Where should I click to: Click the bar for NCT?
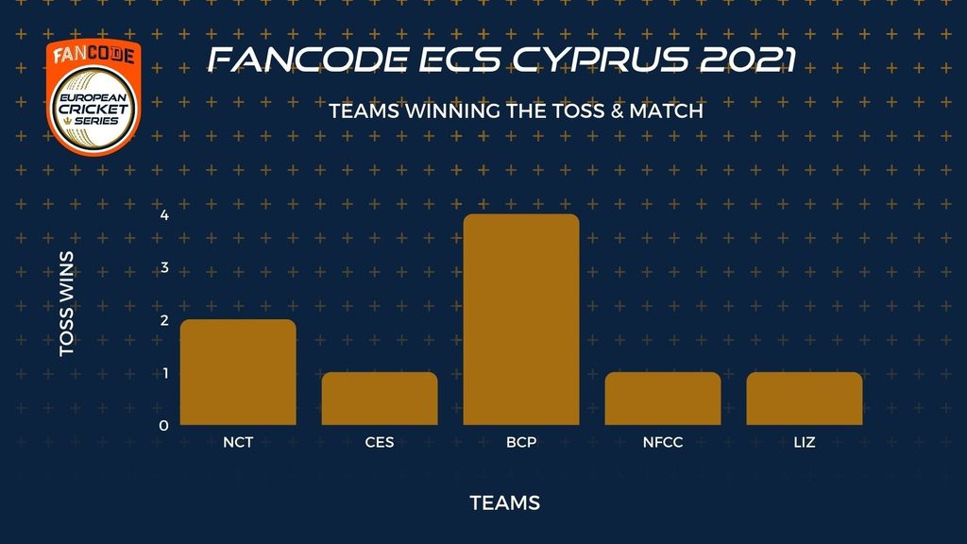(238, 372)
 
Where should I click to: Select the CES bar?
(380, 399)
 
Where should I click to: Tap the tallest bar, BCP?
(521, 319)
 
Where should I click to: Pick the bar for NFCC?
(662, 399)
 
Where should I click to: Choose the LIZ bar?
(805, 399)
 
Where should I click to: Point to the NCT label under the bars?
(238, 442)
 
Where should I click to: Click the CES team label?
(380, 442)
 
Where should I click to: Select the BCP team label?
(521, 442)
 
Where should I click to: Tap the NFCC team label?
(662, 442)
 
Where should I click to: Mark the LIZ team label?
(805, 442)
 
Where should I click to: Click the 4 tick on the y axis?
(164, 214)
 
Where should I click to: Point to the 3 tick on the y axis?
(164, 267)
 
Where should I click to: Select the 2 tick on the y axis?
(164, 320)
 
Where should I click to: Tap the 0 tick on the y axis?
(163, 426)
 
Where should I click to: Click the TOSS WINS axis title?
(67, 303)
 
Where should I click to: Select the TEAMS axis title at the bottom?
(505, 502)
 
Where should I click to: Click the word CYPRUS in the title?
(601, 59)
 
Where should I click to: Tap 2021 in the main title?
(749, 59)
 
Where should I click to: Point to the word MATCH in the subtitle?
(666, 111)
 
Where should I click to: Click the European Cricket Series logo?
(93, 97)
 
